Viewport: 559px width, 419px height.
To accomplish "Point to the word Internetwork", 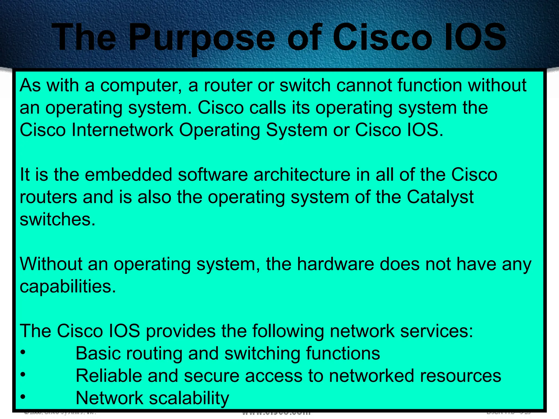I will [123, 130].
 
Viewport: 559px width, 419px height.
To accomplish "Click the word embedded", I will [129, 175].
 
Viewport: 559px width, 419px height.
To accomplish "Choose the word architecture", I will [302, 175].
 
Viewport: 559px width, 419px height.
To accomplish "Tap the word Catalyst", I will [440, 197].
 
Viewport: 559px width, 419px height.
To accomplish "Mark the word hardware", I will [335, 264].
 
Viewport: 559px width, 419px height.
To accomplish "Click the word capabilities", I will [68, 286].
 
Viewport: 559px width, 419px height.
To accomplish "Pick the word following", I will [288, 331].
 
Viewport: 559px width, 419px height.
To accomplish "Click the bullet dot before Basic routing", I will [23, 352].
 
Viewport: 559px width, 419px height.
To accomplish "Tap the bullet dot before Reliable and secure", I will [23, 375].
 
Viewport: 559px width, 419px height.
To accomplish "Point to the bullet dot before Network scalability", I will [23, 397].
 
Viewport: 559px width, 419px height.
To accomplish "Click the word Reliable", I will [109, 376].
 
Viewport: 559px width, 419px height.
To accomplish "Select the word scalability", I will [189, 398].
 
